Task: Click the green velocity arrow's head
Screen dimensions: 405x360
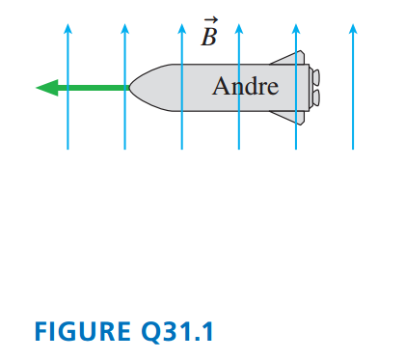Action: (47, 88)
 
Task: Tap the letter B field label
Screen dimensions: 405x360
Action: (209, 37)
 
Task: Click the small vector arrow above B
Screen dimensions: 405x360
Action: (211, 20)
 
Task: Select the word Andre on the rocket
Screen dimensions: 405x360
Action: (245, 86)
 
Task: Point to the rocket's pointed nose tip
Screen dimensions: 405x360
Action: (129, 88)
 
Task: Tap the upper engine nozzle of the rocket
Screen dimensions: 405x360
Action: (315, 77)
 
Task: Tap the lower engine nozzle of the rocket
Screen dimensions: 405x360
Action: (315, 97)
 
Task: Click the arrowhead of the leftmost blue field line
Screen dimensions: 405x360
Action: (67, 29)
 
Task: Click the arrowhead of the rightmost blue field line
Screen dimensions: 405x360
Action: (353, 29)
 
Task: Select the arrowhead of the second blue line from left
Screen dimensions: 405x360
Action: (124, 29)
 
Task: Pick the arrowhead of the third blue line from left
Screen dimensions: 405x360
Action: (182, 29)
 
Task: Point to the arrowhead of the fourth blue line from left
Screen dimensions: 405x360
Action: (239, 29)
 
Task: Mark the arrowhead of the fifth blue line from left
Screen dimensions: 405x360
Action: (296, 29)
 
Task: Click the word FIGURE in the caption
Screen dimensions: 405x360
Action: (83, 331)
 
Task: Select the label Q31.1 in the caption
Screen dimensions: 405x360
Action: (177, 332)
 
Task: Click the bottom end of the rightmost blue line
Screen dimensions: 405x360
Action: (353, 150)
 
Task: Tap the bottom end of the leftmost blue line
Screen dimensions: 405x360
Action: (67, 150)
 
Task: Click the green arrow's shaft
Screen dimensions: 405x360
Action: (94, 88)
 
